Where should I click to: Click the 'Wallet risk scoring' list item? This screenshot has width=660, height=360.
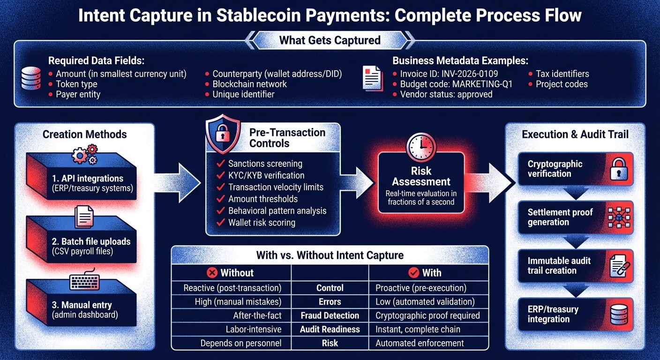point(262,223)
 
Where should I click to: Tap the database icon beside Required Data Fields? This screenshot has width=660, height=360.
point(31,79)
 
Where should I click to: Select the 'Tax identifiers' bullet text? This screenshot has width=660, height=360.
point(562,74)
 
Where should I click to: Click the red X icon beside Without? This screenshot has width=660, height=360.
point(212,272)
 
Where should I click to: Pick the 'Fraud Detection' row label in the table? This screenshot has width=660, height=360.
point(330,315)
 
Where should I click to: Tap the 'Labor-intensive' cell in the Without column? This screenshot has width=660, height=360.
point(253,330)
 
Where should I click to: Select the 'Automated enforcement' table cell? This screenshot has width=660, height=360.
point(420,343)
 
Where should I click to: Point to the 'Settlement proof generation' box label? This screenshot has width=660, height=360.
point(560,217)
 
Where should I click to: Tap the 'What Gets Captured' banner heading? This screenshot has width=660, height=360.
point(330,40)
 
